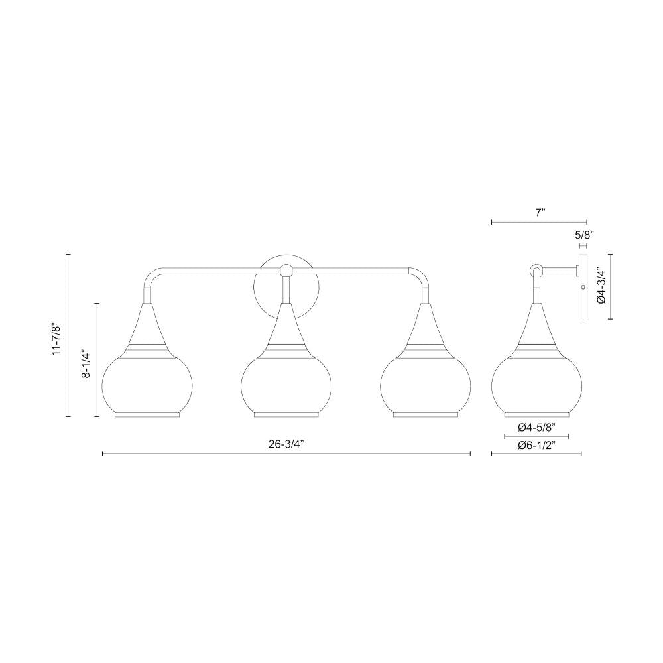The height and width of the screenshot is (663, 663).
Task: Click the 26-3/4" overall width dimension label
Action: pos(286,444)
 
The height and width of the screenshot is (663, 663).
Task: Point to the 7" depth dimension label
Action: pos(540,213)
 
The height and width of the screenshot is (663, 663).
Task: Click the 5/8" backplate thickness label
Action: pos(583,235)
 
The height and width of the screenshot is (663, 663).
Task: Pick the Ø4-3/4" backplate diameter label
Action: pos(601,286)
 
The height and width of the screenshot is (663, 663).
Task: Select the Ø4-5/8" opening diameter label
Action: pos(536,427)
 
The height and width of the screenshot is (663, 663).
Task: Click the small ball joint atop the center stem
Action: pos(286,271)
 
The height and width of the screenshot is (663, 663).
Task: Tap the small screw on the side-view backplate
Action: pos(583,287)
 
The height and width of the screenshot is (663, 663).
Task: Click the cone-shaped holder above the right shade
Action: pos(425,325)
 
